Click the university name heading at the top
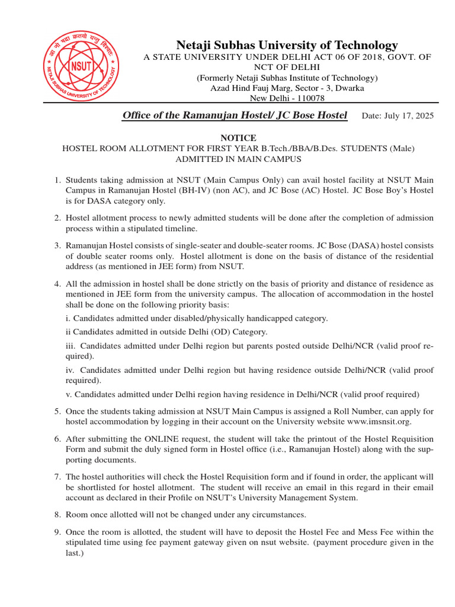pos(287,46)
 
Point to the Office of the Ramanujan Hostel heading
pos(234,116)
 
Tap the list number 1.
pos(58,180)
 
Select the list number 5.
pos(58,411)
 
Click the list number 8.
pos(58,515)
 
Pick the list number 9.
pos(58,532)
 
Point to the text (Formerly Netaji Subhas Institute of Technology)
pos(287,78)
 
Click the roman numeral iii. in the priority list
pos(71,345)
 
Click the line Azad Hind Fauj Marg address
pos(287,88)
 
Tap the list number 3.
pos(58,245)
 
